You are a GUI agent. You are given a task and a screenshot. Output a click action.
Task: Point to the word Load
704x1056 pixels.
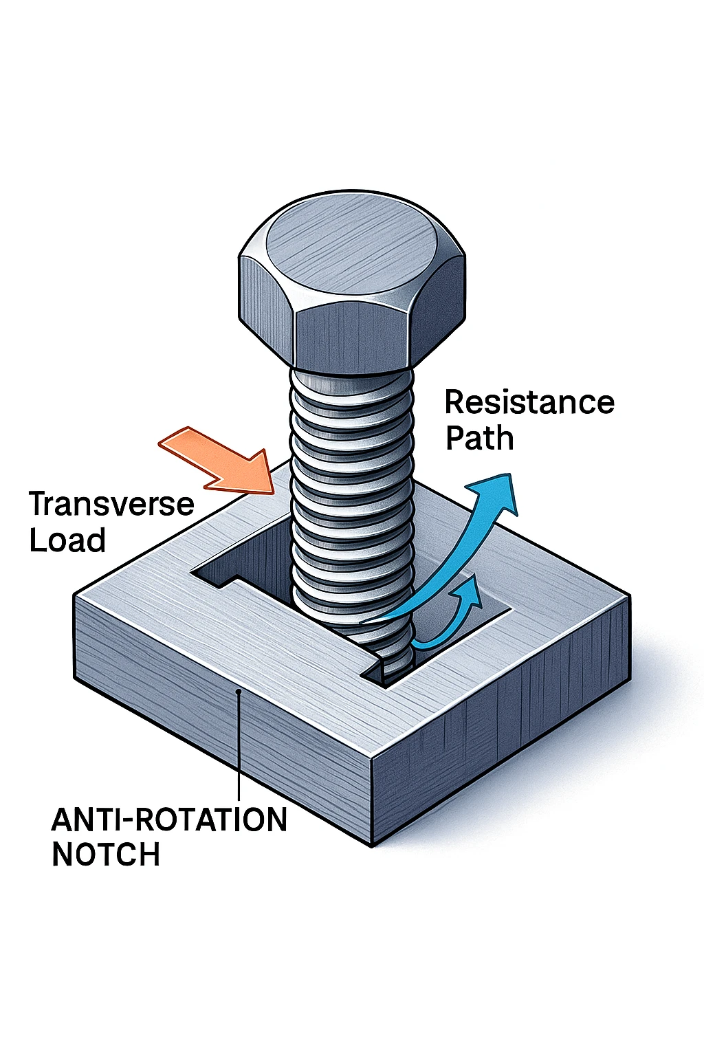(67, 540)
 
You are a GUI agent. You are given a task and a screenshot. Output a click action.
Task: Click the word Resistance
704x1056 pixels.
(529, 402)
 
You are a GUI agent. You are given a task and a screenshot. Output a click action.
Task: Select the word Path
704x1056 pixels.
(479, 438)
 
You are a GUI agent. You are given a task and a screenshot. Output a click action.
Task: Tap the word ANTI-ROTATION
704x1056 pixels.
(169, 820)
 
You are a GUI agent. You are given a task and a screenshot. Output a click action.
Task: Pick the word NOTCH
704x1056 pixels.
(106, 855)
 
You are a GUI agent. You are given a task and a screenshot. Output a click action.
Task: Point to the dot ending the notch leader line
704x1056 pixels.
(238, 692)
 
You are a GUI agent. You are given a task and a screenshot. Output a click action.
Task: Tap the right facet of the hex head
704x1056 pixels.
(440, 302)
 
